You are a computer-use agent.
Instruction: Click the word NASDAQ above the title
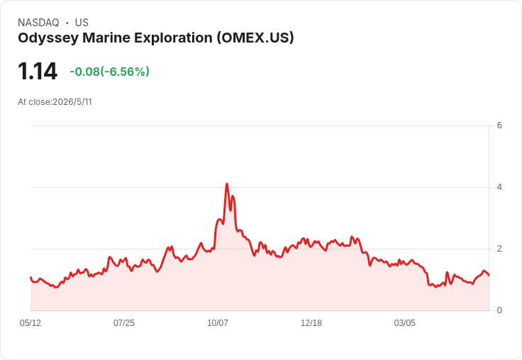38,23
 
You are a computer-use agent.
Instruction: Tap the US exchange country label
82,23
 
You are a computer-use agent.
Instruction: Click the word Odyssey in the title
48,38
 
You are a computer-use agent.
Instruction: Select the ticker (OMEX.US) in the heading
255,38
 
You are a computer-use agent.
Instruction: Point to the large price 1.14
38,71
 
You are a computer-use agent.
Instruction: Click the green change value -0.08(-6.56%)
109,72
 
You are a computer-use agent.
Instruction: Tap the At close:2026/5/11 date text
55,102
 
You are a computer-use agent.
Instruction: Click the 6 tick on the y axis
499,125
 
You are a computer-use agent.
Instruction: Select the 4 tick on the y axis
499,187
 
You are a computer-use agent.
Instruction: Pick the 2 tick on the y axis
499,249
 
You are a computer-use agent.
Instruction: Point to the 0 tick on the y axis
499,310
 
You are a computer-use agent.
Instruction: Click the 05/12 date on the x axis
30,323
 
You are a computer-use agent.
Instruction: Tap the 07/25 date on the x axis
124,323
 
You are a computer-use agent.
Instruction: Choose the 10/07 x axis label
218,323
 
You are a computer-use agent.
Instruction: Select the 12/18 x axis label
311,323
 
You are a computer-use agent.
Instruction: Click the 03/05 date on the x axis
404,323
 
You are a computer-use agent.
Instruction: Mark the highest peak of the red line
227,184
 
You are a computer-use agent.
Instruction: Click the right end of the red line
489,275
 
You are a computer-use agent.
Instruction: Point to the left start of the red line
30,277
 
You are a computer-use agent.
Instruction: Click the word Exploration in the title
173,38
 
